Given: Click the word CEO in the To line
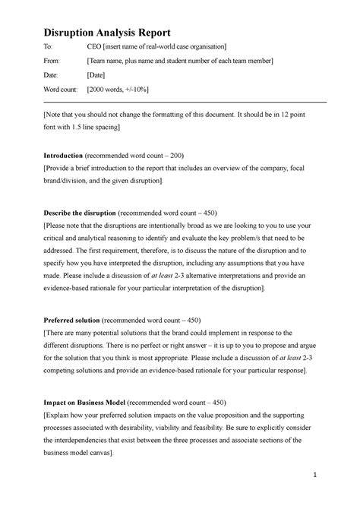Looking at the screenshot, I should coord(97,47).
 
